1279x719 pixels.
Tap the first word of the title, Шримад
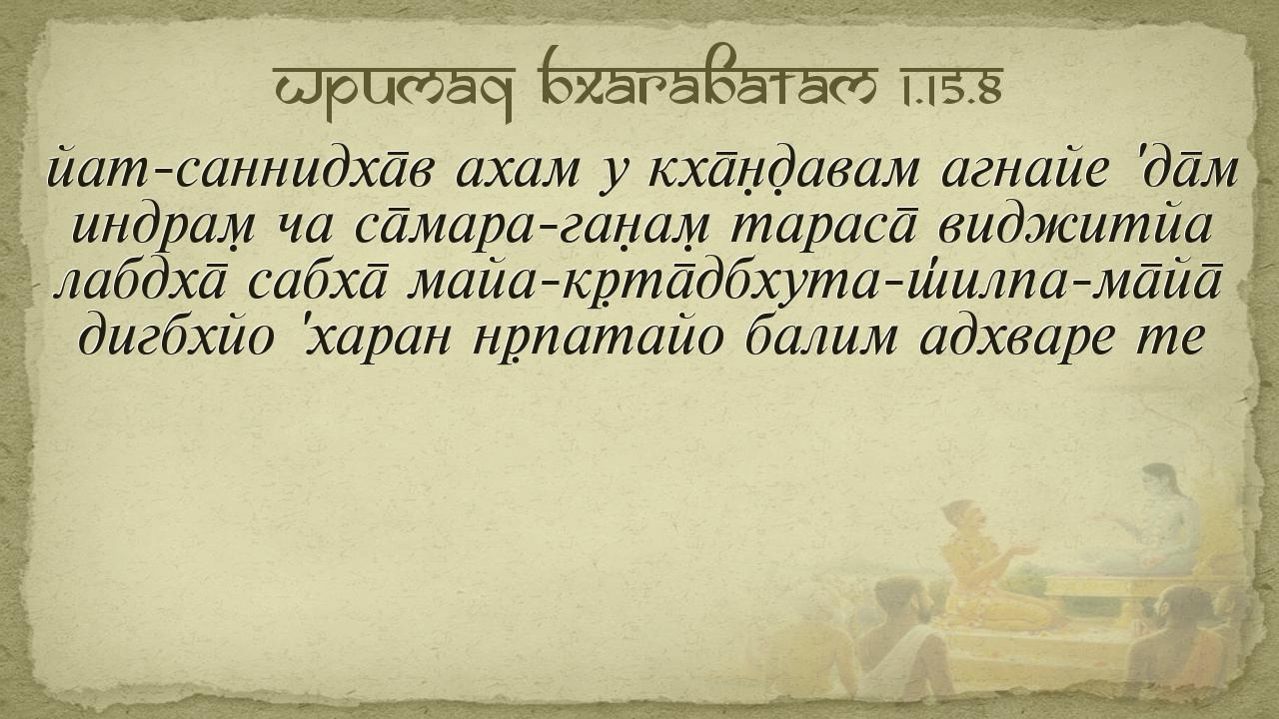(394, 90)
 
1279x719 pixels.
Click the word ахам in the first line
(518, 170)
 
